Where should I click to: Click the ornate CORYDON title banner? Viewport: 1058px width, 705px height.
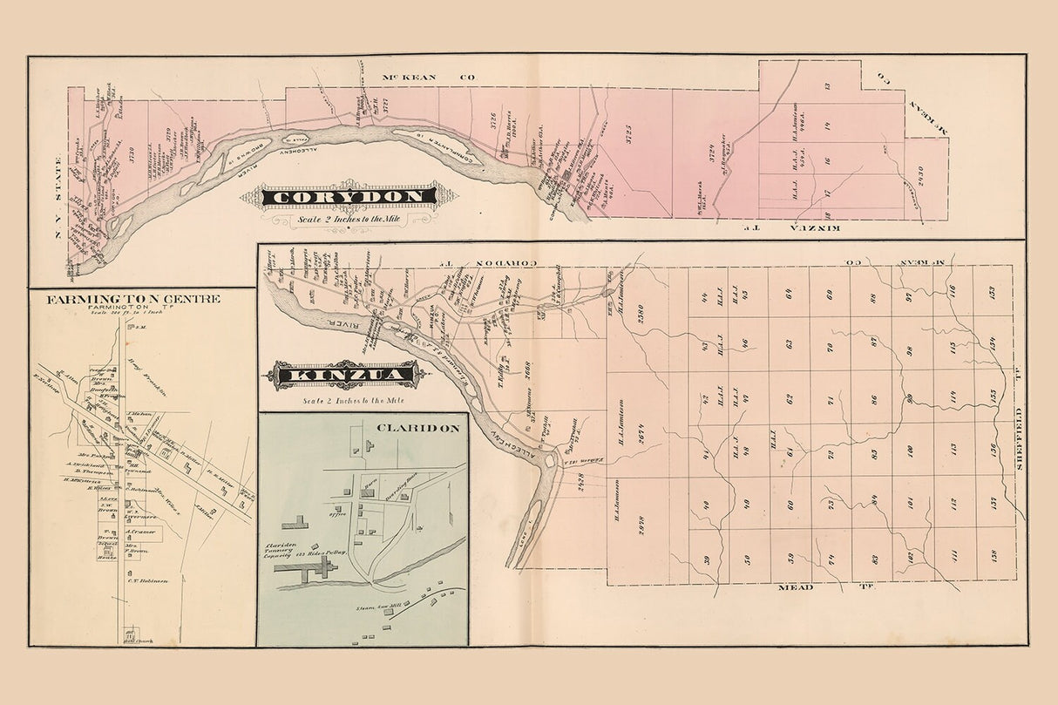tap(350, 197)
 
